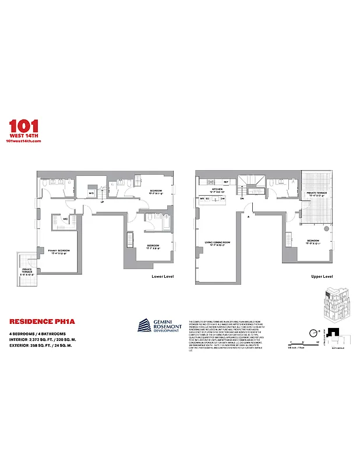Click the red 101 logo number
pos(24,126)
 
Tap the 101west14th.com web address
pos(23,142)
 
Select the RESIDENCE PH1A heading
pos(34,320)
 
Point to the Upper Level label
pos(322,276)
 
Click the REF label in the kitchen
pos(225,182)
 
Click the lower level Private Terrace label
pos(27,272)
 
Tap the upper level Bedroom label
pos(313,241)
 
